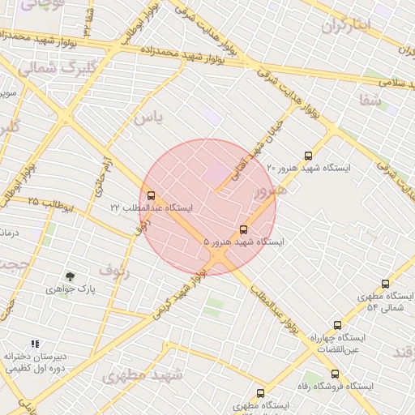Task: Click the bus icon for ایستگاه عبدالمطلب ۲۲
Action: pos(151,195)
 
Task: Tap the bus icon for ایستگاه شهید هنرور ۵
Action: pos(244,229)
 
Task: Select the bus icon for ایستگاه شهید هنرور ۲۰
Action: pos(307,156)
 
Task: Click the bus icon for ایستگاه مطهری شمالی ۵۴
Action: pos(385,285)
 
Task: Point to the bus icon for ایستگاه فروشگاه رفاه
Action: pos(335,374)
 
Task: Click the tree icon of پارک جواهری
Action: pos(70,276)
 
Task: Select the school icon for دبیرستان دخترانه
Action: pos(35,344)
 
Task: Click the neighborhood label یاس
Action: pos(149,118)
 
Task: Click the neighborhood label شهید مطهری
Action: pos(134,375)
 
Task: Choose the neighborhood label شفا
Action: pos(369,100)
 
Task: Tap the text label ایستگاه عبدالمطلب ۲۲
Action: pos(152,208)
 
